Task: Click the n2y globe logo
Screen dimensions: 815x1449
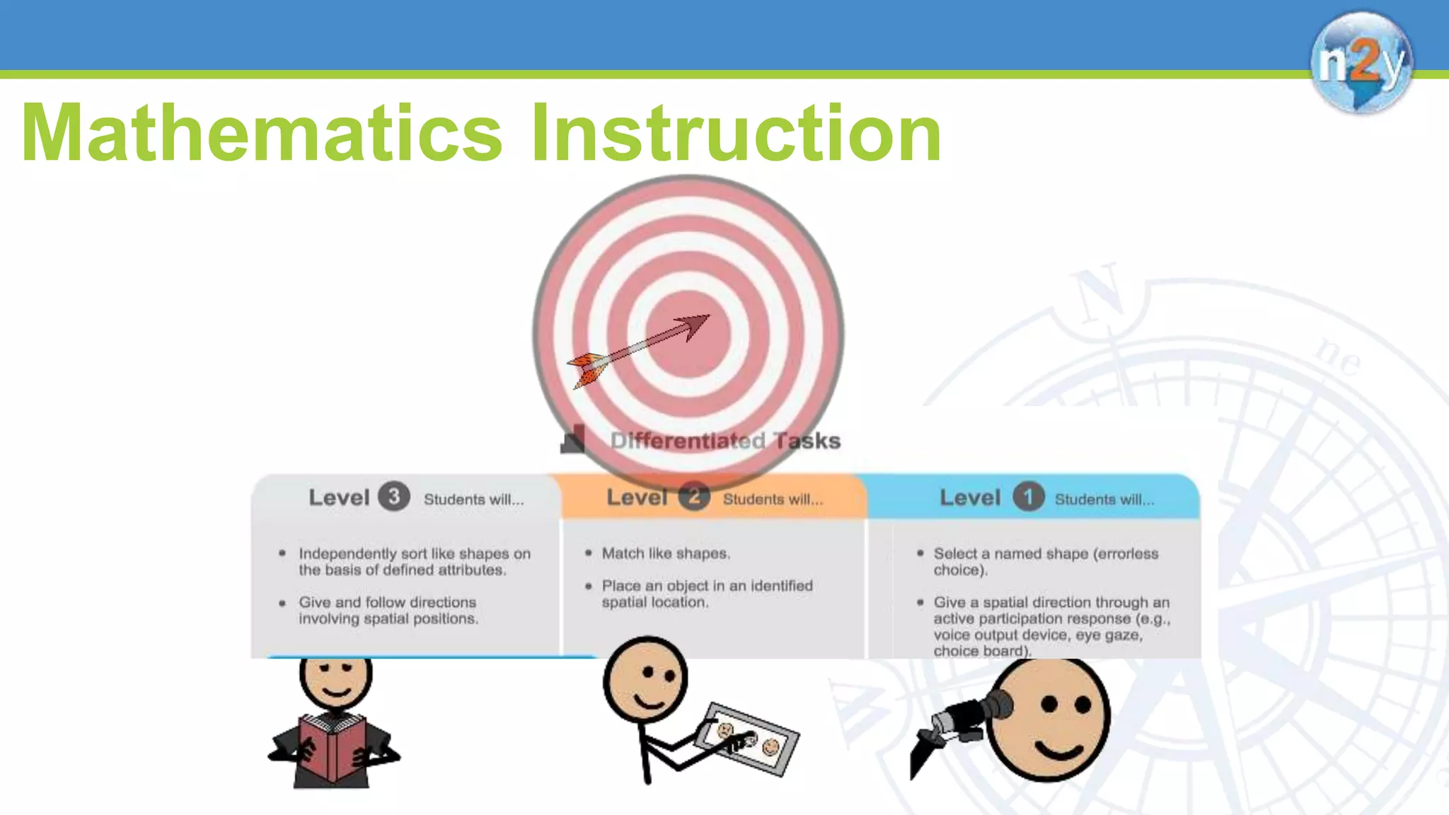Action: pyautogui.click(x=1361, y=63)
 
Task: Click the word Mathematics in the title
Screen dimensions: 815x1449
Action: pyautogui.click(x=262, y=133)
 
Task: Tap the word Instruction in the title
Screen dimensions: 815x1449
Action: pyautogui.click(x=736, y=133)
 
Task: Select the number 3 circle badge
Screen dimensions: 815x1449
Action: pyautogui.click(x=394, y=497)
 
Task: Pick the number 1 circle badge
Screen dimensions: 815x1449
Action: pyautogui.click(x=1028, y=497)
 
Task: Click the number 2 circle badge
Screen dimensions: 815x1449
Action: pyautogui.click(x=694, y=497)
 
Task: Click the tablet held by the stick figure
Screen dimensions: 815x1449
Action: pyautogui.click(x=746, y=739)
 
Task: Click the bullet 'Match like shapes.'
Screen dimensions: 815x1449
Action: pyautogui.click(x=666, y=553)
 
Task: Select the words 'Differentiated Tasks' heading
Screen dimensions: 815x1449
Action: pyautogui.click(x=725, y=441)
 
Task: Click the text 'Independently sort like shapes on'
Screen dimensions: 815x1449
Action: pyautogui.click(x=414, y=553)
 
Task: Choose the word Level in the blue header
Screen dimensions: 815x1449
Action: pyautogui.click(x=970, y=497)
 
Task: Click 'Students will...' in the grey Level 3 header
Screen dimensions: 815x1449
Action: pyautogui.click(x=474, y=499)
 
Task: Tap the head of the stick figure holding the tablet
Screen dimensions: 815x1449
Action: pyautogui.click(x=645, y=679)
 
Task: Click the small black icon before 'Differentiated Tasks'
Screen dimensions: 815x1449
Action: pyautogui.click(x=573, y=439)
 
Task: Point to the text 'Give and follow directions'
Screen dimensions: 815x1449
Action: pyautogui.click(x=387, y=602)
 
